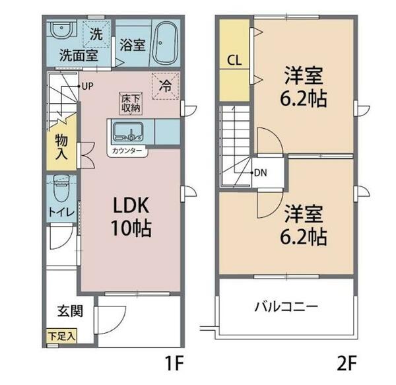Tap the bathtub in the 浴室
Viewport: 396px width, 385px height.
[166, 42]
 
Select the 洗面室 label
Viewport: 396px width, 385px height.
[78, 55]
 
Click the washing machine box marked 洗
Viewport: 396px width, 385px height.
[97, 33]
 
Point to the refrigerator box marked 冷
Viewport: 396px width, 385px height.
[165, 84]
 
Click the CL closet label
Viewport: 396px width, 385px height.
[234, 60]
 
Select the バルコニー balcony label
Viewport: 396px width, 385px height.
[286, 306]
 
